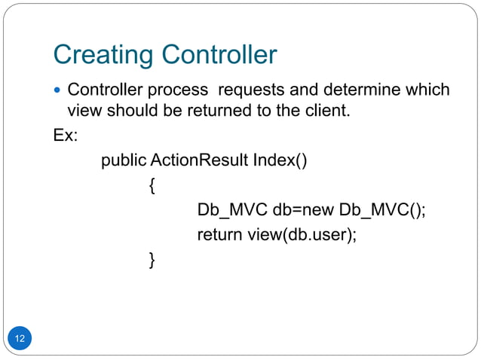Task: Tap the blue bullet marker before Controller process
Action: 59,91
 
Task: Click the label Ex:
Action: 65,137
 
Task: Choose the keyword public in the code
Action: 124,161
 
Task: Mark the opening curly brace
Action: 152,186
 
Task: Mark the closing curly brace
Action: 152,260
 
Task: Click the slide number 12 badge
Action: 20,339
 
